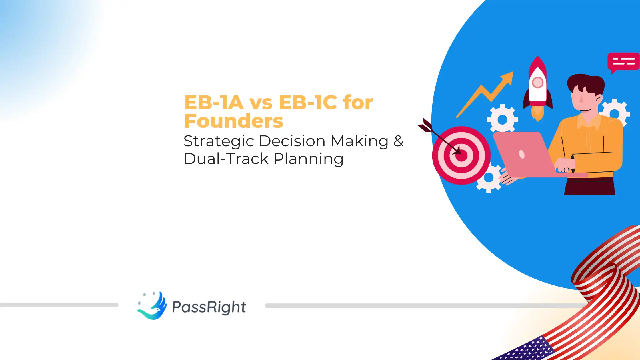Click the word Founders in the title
tap(234, 121)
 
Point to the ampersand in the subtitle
tap(398, 141)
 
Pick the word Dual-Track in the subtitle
tap(226, 159)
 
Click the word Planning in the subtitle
tap(309, 159)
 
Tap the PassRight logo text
tap(209, 307)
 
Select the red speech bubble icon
tap(623, 62)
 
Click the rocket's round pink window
tap(537, 83)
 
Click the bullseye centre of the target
tap(461, 155)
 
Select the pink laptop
tap(523, 154)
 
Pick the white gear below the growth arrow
tap(502, 119)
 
